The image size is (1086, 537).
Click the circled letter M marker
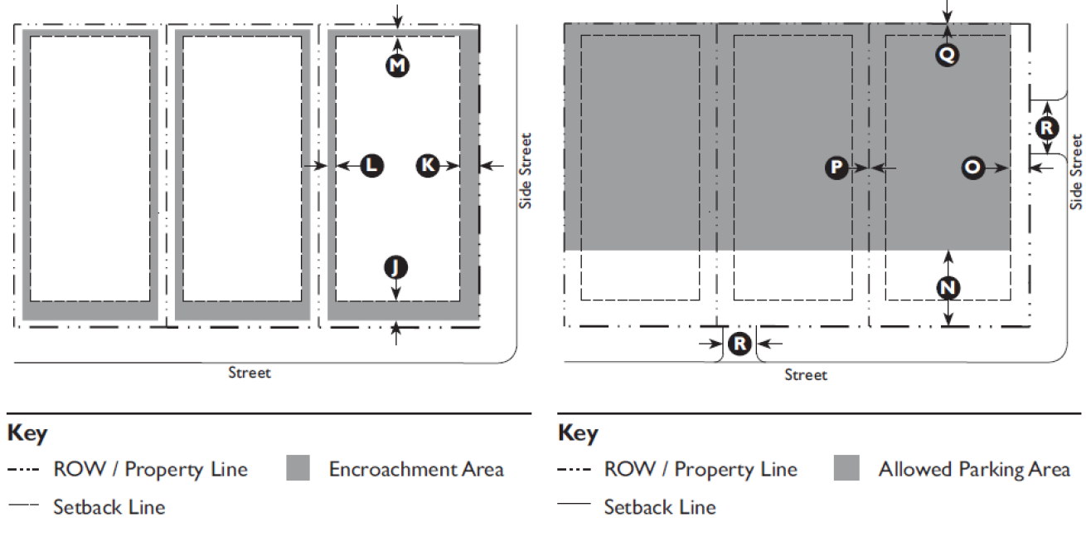coord(398,66)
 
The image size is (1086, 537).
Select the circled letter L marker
coord(372,166)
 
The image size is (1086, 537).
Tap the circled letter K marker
coord(427,166)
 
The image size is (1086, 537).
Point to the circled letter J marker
coord(396,267)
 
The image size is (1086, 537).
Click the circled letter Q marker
coord(948,55)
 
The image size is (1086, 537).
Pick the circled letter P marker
coord(836,168)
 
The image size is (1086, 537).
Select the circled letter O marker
coord(972,168)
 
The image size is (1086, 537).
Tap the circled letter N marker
coord(948,288)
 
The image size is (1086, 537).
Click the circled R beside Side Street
coord(1048,128)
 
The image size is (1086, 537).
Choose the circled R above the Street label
coord(739,343)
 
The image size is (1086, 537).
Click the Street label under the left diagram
coord(250,373)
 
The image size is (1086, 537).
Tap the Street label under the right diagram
coord(806,376)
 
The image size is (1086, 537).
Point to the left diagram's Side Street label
coord(526,171)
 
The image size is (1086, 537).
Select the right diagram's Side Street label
coord(1076,173)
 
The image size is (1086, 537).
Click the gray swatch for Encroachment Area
coord(298,468)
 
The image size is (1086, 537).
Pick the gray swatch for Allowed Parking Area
coord(847,468)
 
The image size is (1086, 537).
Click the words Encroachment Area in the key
coord(416,469)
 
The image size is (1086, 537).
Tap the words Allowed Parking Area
coord(974,470)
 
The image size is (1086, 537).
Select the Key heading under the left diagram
coord(27,433)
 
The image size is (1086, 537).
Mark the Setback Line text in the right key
coord(660,506)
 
